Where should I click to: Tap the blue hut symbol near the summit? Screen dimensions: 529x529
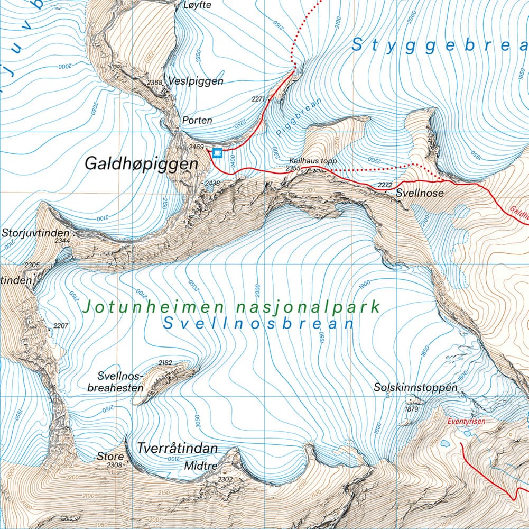point(217,153)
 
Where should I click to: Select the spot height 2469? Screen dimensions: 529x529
point(196,147)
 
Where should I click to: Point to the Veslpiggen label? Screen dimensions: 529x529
point(196,81)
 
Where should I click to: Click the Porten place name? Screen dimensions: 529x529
point(197,121)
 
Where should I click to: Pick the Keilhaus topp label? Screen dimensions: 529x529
point(313,161)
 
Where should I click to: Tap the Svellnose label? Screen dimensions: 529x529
point(420,194)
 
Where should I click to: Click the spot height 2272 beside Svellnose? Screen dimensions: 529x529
point(386,185)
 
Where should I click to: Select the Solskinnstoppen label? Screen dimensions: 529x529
point(415,387)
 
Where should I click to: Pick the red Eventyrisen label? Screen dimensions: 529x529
point(466,422)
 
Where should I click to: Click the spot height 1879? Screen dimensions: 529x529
point(411,409)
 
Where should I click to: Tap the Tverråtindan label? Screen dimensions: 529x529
point(177,449)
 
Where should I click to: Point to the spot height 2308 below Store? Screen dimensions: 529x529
point(114,466)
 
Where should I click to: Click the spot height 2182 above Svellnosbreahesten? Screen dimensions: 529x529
point(165,363)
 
